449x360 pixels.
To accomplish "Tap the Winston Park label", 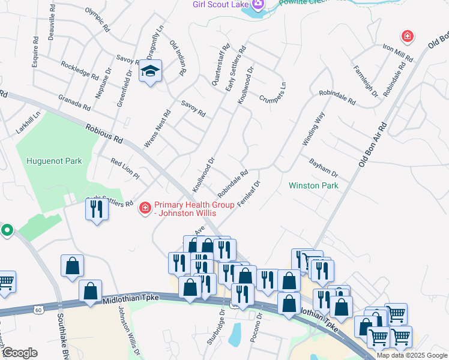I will (313, 185).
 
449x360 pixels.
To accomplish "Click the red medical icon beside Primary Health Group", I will (144, 208).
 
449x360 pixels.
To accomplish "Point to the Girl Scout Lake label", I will (220, 5).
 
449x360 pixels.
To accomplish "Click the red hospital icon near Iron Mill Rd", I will (408, 37).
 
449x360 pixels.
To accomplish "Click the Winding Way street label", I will (313, 128).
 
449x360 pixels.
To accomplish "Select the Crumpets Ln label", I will (273, 92).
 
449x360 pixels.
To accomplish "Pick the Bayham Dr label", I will (324, 167).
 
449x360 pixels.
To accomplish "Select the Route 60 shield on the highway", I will (39, 310).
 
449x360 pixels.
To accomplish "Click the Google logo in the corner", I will (20, 353).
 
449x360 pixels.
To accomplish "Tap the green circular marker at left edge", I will (7, 230).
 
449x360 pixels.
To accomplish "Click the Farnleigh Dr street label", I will (365, 81).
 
